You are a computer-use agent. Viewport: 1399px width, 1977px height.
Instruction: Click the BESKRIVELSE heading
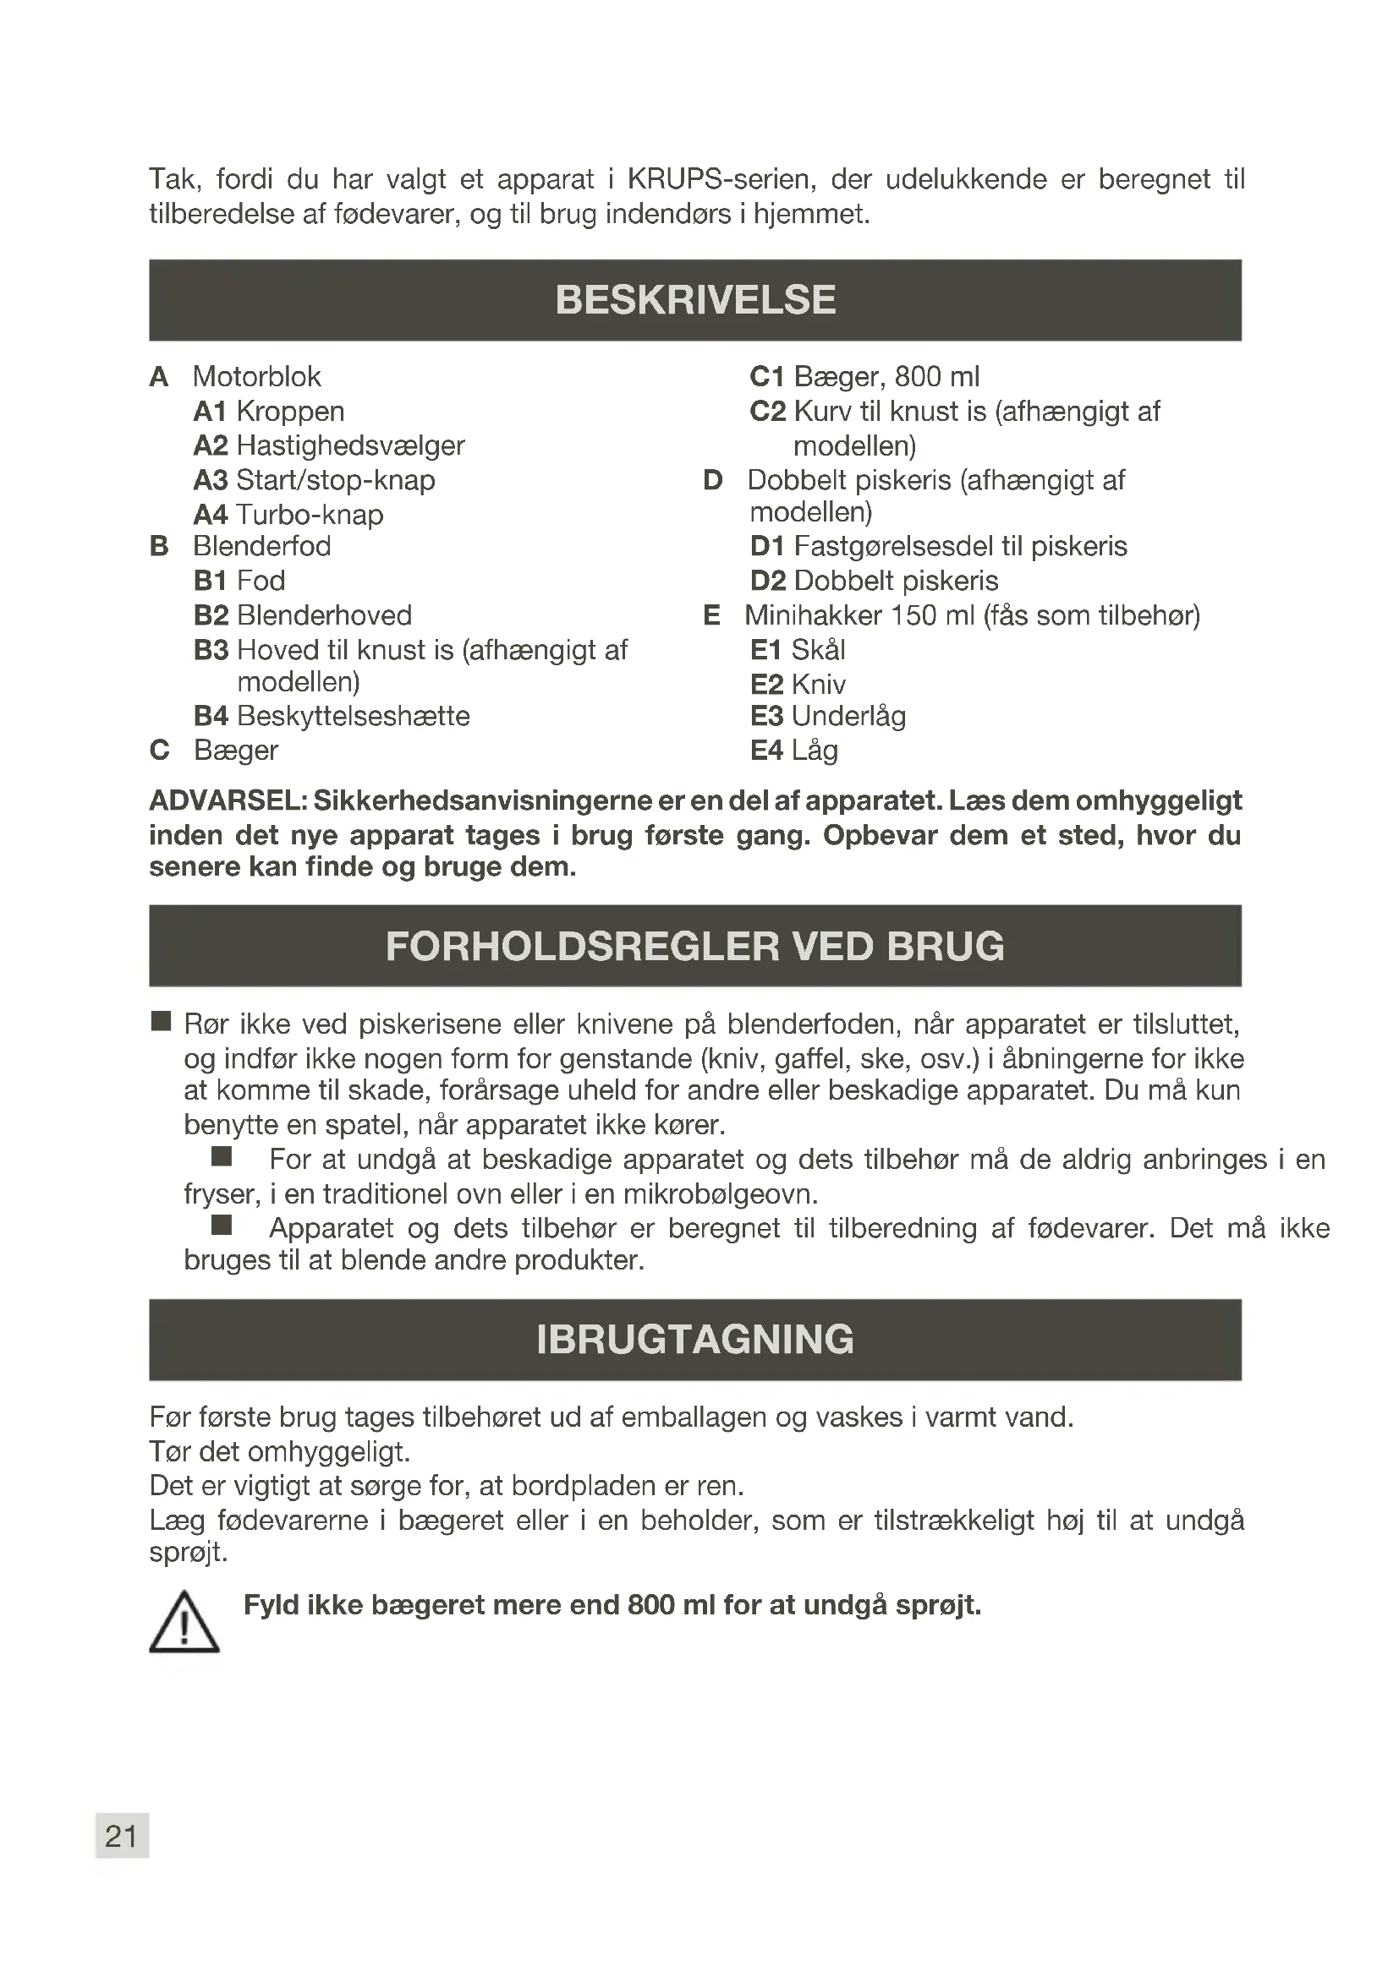click(x=695, y=300)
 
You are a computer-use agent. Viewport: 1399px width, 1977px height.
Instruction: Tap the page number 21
click(x=122, y=1836)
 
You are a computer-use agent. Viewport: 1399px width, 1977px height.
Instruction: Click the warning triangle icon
click(x=184, y=1623)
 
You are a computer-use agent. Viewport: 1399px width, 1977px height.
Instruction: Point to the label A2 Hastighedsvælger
click(x=329, y=445)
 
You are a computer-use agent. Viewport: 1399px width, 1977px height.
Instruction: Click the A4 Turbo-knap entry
click(x=288, y=514)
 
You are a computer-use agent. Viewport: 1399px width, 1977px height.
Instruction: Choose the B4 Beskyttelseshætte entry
click(x=332, y=716)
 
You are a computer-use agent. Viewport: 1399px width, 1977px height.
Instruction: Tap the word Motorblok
click(x=257, y=376)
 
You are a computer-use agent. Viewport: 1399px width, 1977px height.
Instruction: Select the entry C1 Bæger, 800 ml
click(x=864, y=376)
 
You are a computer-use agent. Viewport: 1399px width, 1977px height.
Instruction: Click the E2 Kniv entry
click(x=798, y=685)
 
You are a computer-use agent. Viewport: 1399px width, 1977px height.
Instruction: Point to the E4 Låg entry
click(x=793, y=750)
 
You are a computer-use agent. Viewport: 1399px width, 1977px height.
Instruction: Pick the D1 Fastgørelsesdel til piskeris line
click(x=938, y=546)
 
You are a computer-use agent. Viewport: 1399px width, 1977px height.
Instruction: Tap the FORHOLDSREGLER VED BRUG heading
click(x=695, y=946)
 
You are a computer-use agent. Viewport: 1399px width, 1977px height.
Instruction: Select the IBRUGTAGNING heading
click(x=695, y=1339)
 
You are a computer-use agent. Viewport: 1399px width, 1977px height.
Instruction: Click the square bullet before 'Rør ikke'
click(x=161, y=1022)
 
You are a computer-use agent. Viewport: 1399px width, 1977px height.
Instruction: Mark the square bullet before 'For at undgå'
click(x=222, y=1156)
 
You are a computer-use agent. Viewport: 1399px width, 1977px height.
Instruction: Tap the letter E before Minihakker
click(x=711, y=614)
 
